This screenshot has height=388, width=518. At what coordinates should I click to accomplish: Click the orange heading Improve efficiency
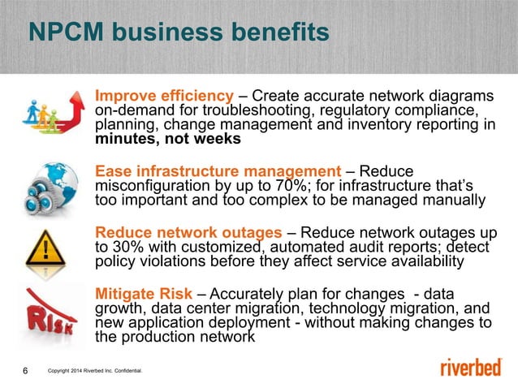coord(162,94)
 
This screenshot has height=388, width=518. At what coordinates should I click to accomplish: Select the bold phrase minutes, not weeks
coord(168,139)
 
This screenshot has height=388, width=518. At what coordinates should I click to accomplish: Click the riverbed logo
coord(471,368)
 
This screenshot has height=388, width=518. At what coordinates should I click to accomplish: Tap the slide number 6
coord(24,371)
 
